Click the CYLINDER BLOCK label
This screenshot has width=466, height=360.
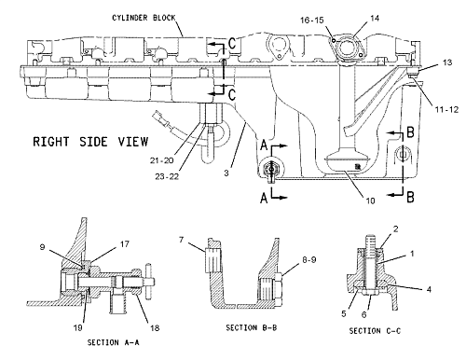144,18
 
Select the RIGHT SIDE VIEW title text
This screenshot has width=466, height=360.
90,142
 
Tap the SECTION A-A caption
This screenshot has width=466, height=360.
114,342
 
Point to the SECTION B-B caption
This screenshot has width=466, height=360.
252,327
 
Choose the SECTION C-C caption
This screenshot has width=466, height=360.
375,331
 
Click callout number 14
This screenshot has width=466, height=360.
375,19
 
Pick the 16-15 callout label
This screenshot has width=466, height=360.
312,21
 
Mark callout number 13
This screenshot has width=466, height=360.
447,62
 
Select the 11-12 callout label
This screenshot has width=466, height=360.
446,109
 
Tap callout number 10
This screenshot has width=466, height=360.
370,201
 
